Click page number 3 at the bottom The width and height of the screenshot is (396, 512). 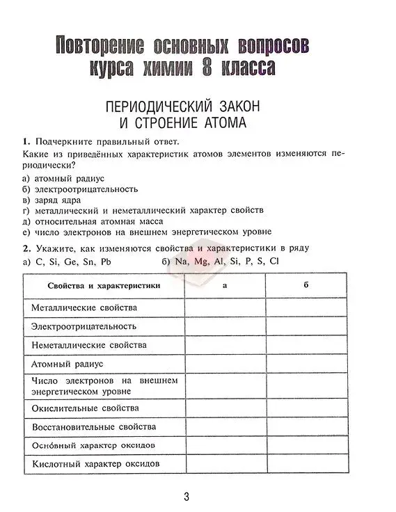(x=186, y=497)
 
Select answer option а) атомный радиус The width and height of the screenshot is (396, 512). (x=63, y=178)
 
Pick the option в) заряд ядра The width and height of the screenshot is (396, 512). (x=55, y=199)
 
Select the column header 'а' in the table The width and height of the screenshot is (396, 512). (x=224, y=285)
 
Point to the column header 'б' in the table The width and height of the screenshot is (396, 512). (x=306, y=285)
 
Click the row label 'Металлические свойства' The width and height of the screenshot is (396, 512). (x=84, y=307)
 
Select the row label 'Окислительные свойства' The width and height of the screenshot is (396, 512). (x=85, y=408)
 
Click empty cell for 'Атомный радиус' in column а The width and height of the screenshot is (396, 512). (x=224, y=363)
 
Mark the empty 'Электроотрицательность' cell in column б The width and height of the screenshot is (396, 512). (x=306, y=326)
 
